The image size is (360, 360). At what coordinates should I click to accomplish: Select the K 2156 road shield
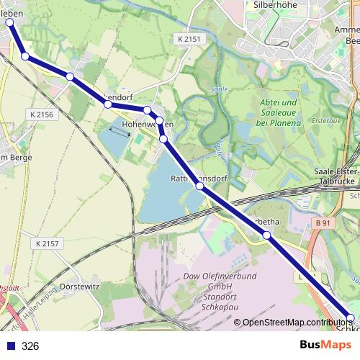[42, 114]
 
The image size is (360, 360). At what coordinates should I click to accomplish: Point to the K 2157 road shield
[46, 244]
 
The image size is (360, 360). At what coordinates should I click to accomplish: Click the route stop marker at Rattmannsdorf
[199, 186]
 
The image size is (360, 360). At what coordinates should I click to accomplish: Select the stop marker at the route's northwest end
[10, 22]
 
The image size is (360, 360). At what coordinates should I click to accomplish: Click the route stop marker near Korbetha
[266, 235]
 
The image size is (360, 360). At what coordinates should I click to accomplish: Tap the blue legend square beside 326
[9, 346]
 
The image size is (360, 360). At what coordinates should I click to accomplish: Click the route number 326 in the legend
[30, 346]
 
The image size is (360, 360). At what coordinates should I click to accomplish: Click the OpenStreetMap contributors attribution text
[296, 323]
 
